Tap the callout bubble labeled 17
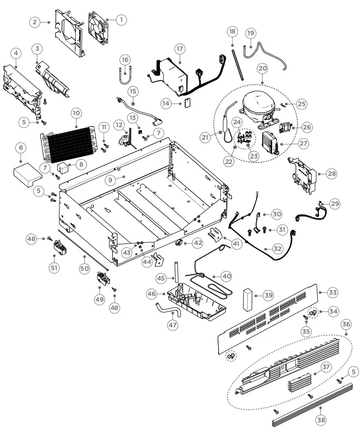[180, 48]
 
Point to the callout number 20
[263, 68]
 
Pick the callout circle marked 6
[20, 147]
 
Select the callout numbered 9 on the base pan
[111, 179]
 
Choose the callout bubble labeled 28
[332, 174]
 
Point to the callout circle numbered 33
[332, 292]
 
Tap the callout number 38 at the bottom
[321, 419]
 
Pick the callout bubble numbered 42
[197, 243]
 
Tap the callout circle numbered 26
[307, 127]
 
